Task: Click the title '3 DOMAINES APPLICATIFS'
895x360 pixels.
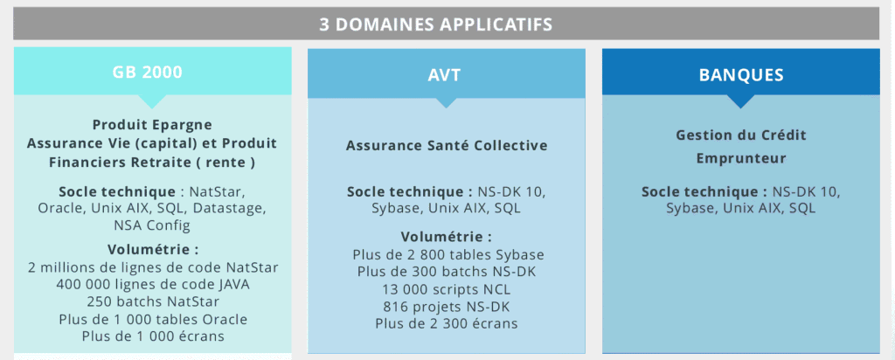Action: coord(435,24)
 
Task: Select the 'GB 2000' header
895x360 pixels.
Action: coord(147,73)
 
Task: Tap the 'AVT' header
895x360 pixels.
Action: coord(444,75)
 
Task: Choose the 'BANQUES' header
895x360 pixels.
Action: coord(741,75)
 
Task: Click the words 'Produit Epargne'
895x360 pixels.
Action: coord(152,124)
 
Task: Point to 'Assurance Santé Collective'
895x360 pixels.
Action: coord(447,145)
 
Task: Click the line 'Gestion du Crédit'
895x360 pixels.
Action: coord(741,135)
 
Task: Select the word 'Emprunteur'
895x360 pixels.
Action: coord(741,158)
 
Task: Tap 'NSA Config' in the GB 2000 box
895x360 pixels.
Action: coord(152,225)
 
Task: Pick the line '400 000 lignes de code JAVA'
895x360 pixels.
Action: coord(153,284)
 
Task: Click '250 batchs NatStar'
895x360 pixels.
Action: coord(153,301)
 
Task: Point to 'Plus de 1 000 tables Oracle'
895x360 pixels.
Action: coord(153,319)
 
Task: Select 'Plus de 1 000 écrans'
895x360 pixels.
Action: coord(153,336)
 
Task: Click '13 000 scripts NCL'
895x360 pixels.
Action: coord(447,289)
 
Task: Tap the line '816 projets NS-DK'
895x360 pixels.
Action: coord(447,307)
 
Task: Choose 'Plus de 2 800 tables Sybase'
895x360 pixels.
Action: coord(448,254)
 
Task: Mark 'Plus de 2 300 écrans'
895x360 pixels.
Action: coord(447,323)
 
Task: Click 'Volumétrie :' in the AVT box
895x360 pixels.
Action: coord(446,237)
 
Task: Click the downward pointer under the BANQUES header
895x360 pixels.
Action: coord(741,100)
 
